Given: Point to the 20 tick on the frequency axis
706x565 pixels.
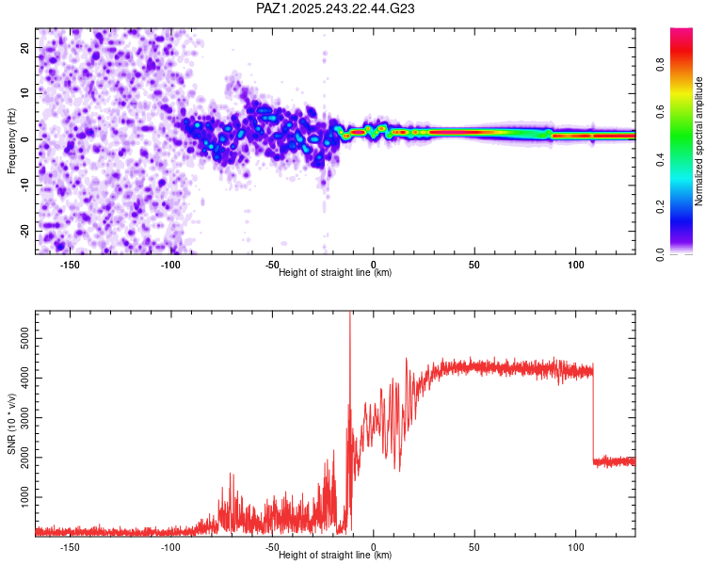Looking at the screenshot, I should coord(25,47).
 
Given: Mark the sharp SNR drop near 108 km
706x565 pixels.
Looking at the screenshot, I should coord(593,414).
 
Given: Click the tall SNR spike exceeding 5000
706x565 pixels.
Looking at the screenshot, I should coord(350,320).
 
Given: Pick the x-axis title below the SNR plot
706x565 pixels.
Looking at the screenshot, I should coord(335,556).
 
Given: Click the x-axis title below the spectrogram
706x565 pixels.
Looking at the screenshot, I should coord(335,273).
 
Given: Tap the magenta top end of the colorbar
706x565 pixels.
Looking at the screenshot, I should coord(682,32).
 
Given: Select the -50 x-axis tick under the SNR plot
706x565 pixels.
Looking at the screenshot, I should coord(272,546).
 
